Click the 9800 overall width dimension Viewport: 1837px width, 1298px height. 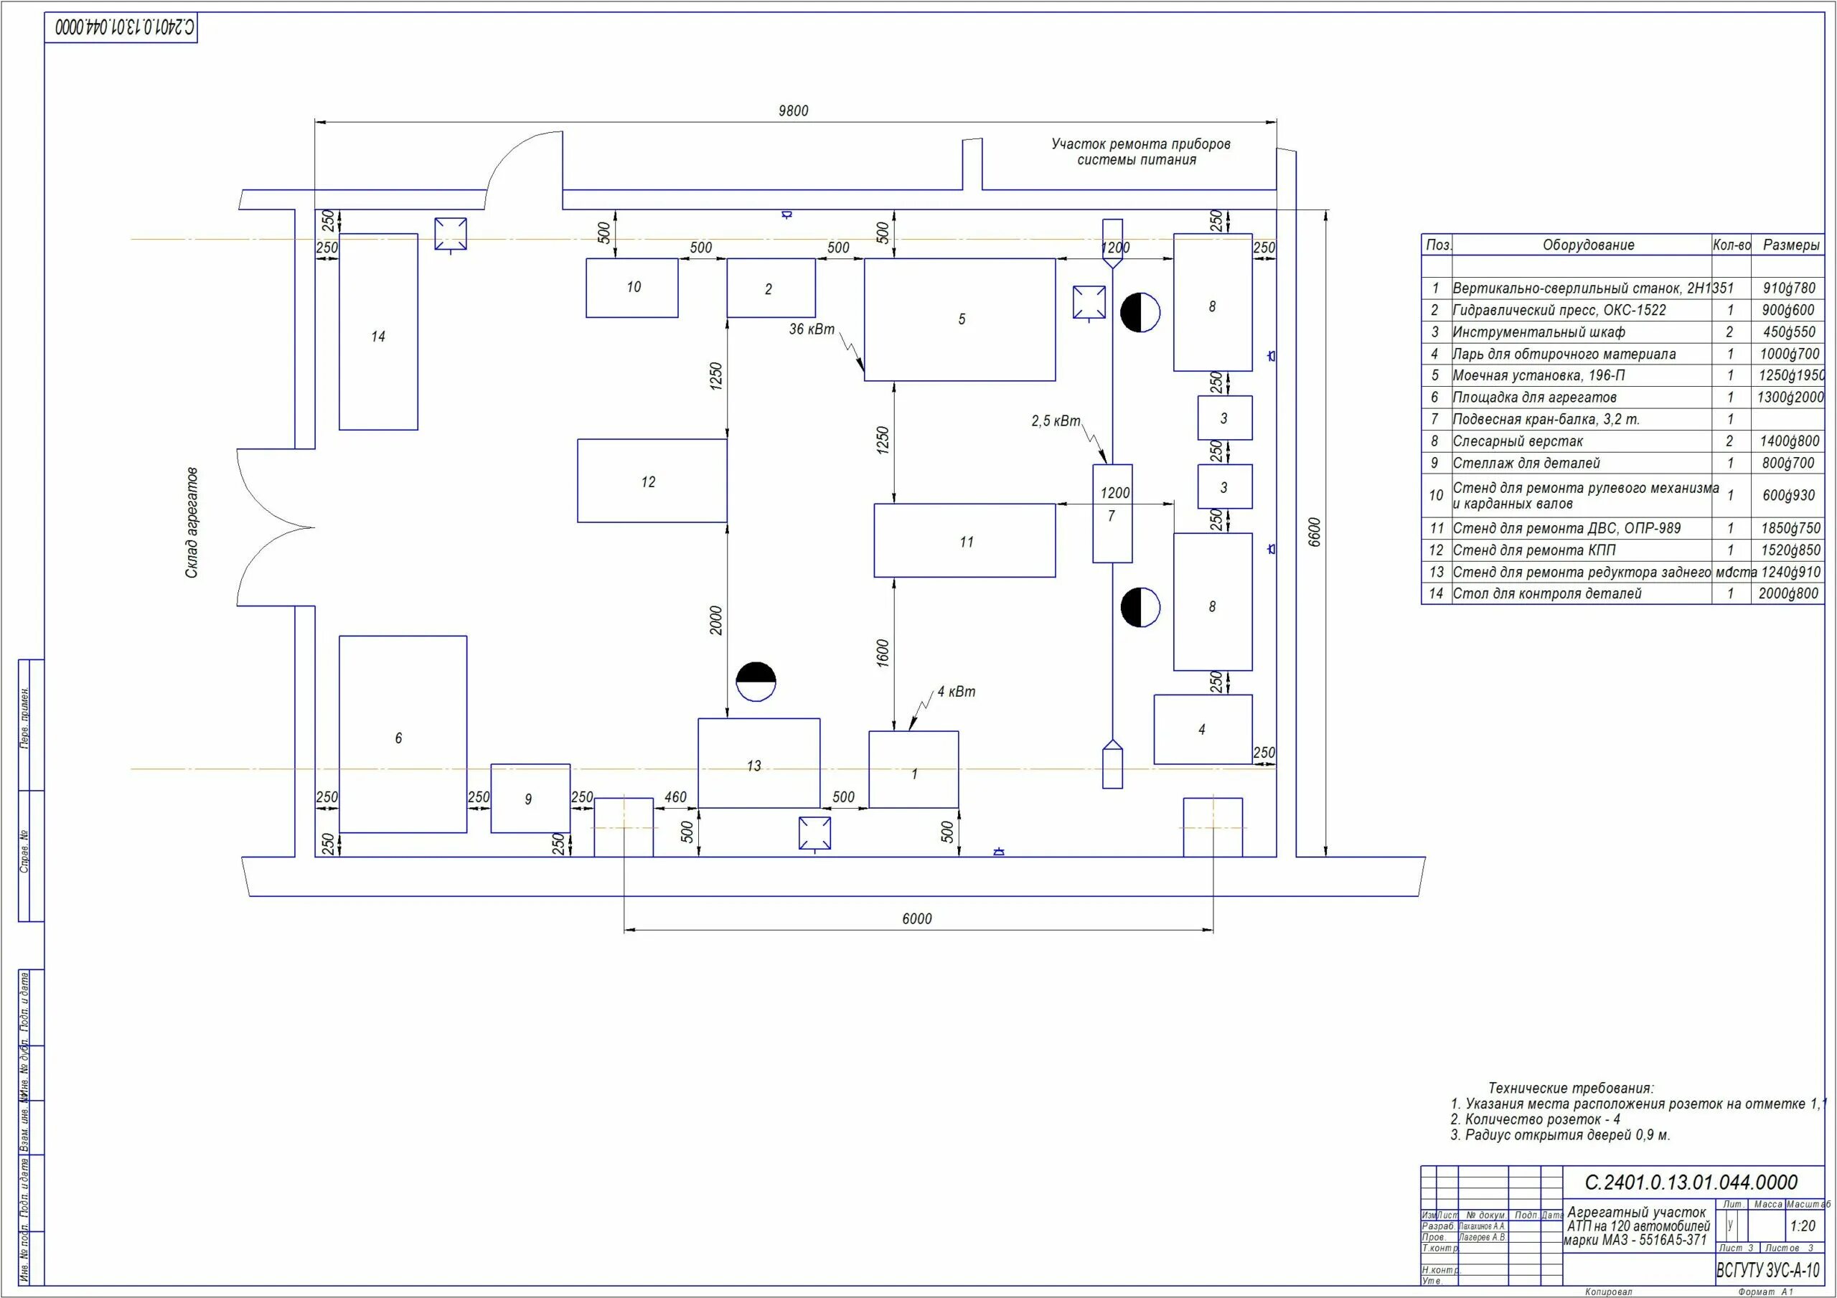[x=793, y=111]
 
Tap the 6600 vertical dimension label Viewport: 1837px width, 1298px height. [x=1315, y=532]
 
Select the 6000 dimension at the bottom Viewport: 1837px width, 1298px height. [x=917, y=918]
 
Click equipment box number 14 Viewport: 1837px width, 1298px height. [x=378, y=332]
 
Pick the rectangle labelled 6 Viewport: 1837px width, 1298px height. [x=403, y=735]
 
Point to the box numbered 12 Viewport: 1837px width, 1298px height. [x=652, y=481]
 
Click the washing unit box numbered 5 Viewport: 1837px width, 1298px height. [x=959, y=319]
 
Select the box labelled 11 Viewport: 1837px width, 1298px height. [x=964, y=541]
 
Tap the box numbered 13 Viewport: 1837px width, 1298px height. [x=758, y=763]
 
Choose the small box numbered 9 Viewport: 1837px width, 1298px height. [x=530, y=799]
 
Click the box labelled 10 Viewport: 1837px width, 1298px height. [x=632, y=287]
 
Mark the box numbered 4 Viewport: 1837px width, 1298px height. [x=1203, y=729]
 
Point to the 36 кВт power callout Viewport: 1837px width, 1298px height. [x=812, y=329]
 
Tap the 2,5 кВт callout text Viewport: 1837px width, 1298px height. [x=1056, y=422]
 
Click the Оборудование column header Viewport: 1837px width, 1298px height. [x=1588, y=245]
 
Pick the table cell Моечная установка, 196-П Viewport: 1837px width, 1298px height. [x=1538, y=375]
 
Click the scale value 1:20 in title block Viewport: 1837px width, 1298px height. [x=1803, y=1226]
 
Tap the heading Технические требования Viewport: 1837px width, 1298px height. [x=1571, y=1088]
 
